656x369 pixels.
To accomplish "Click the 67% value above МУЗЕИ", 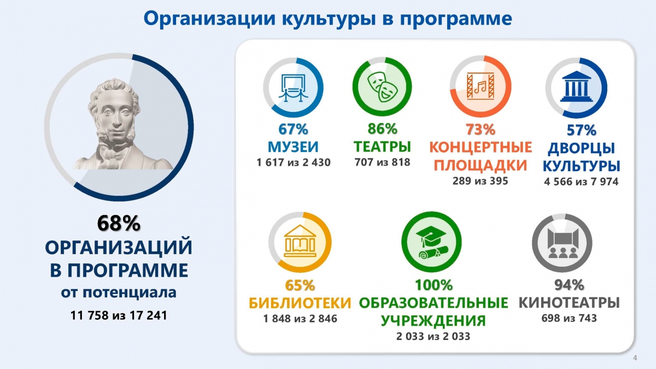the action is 293,129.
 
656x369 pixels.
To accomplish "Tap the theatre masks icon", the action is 382,87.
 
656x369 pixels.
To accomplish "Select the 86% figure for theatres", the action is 382,129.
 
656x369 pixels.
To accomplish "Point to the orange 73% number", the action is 481,130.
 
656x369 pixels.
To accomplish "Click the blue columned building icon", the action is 576,86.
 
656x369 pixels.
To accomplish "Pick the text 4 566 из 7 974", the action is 581,182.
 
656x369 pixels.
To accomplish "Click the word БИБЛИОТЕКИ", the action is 300,303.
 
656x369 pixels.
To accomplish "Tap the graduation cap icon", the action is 432,243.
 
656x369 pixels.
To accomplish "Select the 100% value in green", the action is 434,285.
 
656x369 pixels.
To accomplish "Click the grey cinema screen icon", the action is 563,243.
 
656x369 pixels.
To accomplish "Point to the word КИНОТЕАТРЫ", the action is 569,303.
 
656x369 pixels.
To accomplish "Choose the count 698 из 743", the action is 569,318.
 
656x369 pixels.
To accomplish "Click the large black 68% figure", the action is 119,223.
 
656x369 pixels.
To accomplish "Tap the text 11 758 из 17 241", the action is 119,315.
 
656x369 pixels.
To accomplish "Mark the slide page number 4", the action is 635,358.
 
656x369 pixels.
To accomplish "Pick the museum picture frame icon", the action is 293,87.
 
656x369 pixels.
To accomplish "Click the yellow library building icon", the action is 300,241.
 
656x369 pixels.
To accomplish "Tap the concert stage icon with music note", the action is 481,86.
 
